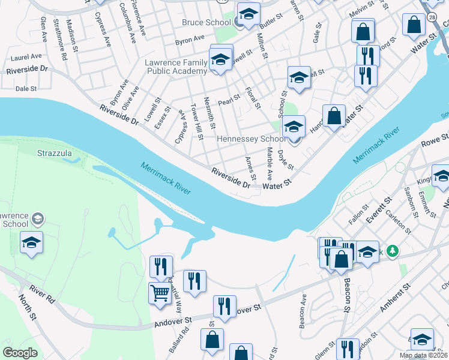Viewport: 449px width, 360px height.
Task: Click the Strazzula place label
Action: point(55,153)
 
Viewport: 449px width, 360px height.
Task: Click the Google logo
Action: point(20,353)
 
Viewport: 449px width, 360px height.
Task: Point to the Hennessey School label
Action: point(251,139)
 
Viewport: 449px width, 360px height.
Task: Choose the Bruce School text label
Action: point(206,23)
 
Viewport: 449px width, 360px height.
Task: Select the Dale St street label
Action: point(26,88)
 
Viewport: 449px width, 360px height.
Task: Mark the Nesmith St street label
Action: point(210,113)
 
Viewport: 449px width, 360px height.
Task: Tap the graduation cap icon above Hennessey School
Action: point(294,127)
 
